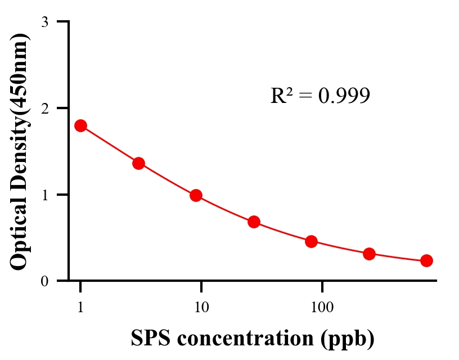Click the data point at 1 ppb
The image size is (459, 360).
click(80, 125)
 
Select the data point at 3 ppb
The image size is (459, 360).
click(138, 163)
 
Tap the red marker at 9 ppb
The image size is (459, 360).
click(196, 195)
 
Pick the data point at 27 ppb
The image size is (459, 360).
click(254, 222)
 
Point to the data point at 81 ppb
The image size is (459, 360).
click(311, 242)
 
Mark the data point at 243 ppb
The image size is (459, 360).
click(369, 254)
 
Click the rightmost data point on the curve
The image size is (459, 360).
click(426, 260)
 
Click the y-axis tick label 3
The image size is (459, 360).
click(44, 22)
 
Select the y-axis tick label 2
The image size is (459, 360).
click(44, 108)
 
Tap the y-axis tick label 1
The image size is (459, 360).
click(44, 195)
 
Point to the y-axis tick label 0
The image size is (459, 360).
click(44, 281)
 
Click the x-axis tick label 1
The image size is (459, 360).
click(80, 307)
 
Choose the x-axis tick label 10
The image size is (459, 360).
click(201, 307)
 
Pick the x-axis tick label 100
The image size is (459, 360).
click(322, 307)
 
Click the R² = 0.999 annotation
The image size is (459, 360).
click(320, 96)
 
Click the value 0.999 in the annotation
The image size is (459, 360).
click(344, 96)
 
